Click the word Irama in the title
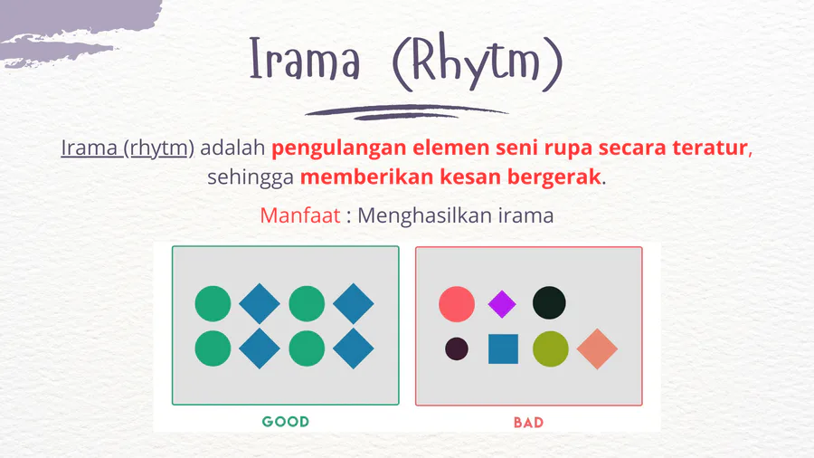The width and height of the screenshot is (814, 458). tap(304, 58)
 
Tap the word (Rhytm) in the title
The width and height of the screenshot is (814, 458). tap(478, 62)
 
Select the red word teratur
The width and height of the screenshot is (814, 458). tap(710, 148)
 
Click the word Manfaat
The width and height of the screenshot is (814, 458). tap(300, 215)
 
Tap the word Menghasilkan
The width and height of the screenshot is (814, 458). tap(425, 215)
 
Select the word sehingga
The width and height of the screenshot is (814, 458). tap(251, 177)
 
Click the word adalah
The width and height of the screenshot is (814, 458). tap(232, 148)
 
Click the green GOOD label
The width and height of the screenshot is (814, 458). tap(286, 421)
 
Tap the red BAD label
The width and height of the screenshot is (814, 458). tap(528, 422)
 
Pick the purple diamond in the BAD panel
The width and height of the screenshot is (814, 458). tap(502, 304)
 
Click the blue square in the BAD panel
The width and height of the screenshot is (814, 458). tap(503, 349)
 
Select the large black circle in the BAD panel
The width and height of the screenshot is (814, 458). tap(549, 302)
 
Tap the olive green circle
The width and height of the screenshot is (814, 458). tap(550, 349)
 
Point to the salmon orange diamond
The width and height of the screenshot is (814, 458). tap(597, 349)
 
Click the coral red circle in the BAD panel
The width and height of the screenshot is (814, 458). tap(457, 304)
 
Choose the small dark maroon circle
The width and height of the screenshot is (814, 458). tap(457, 349)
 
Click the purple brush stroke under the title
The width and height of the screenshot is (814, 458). tap(406, 111)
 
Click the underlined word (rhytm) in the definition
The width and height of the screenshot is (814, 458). tap(159, 148)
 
